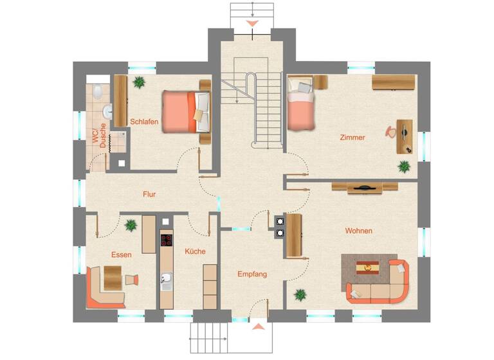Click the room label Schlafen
coord(144,122)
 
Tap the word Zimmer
coord(352,138)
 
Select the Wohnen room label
coord(358,231)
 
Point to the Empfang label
coord(252,274)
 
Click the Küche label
coord(195,251)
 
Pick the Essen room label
coord(121,255)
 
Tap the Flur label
coord(149,194)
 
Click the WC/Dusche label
coord(99,136)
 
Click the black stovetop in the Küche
coord(167,241)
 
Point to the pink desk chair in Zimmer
coord(391,131)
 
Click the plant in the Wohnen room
coord(300,295)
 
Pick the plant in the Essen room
coord(131,225)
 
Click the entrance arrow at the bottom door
coord(258,327)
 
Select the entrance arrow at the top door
coord(252,24)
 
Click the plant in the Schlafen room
coord(138,82)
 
